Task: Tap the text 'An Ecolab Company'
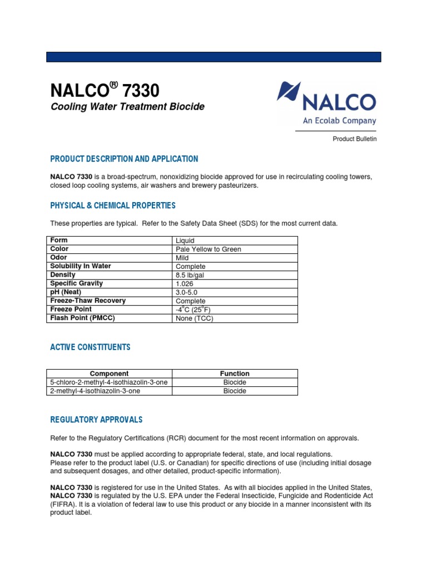(x=339, y=121)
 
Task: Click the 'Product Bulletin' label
(x=354, y=139)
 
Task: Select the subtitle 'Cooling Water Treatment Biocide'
(x=127, y=106)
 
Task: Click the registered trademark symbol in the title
(x=114, y=85)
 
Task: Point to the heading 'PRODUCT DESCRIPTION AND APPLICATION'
(x=124, y=159)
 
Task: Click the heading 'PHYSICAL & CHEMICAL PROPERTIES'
(x=113, y=206)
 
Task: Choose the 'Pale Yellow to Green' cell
(x=208, y=249)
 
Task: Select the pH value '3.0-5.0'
(x=187, y=292)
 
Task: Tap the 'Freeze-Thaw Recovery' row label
(x=88, y=301)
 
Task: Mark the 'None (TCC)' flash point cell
(x=194, y=318)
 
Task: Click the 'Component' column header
(x=109, y=374)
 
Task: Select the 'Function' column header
(x=235, y=374)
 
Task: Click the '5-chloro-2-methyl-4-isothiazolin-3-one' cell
(x=109, y=382)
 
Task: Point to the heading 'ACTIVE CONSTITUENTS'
(x=91, y=347)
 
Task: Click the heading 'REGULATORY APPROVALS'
(x=96, y=420)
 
